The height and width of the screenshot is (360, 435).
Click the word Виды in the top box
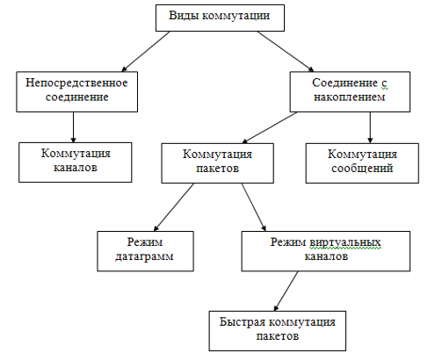pos(184,16)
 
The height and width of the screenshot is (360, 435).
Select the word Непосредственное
pos(76,83)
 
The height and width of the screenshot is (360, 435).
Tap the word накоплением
pos(350,97)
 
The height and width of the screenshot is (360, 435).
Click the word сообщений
pos(362,169)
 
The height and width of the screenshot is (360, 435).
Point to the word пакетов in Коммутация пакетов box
pos(217,169)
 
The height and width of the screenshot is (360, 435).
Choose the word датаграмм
pos(144,256)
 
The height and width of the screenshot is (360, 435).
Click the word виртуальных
pos(345,242)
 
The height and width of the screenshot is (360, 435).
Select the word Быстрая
pos(242,322)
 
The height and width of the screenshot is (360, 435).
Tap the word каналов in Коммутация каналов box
pos(76,168)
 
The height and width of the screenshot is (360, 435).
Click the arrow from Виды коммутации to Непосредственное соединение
pos(146,51)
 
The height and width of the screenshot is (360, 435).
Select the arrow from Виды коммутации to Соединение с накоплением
pos(286,51)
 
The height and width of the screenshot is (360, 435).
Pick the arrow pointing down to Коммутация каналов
pos(73,127)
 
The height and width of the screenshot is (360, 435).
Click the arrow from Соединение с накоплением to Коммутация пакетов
pos(270,127)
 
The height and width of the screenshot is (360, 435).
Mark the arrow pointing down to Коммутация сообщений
pos(370,127)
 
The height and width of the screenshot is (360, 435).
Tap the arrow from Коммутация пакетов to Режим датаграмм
pos(174,207)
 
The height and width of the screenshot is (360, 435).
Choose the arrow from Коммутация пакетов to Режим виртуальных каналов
pos(254,207)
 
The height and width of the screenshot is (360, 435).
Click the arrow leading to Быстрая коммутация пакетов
pos(286,291)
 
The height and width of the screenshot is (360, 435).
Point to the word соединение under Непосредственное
pos(77,97)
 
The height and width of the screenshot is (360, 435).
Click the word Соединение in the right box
pos(344,83)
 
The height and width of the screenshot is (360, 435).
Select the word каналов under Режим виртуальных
pos(326,256)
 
